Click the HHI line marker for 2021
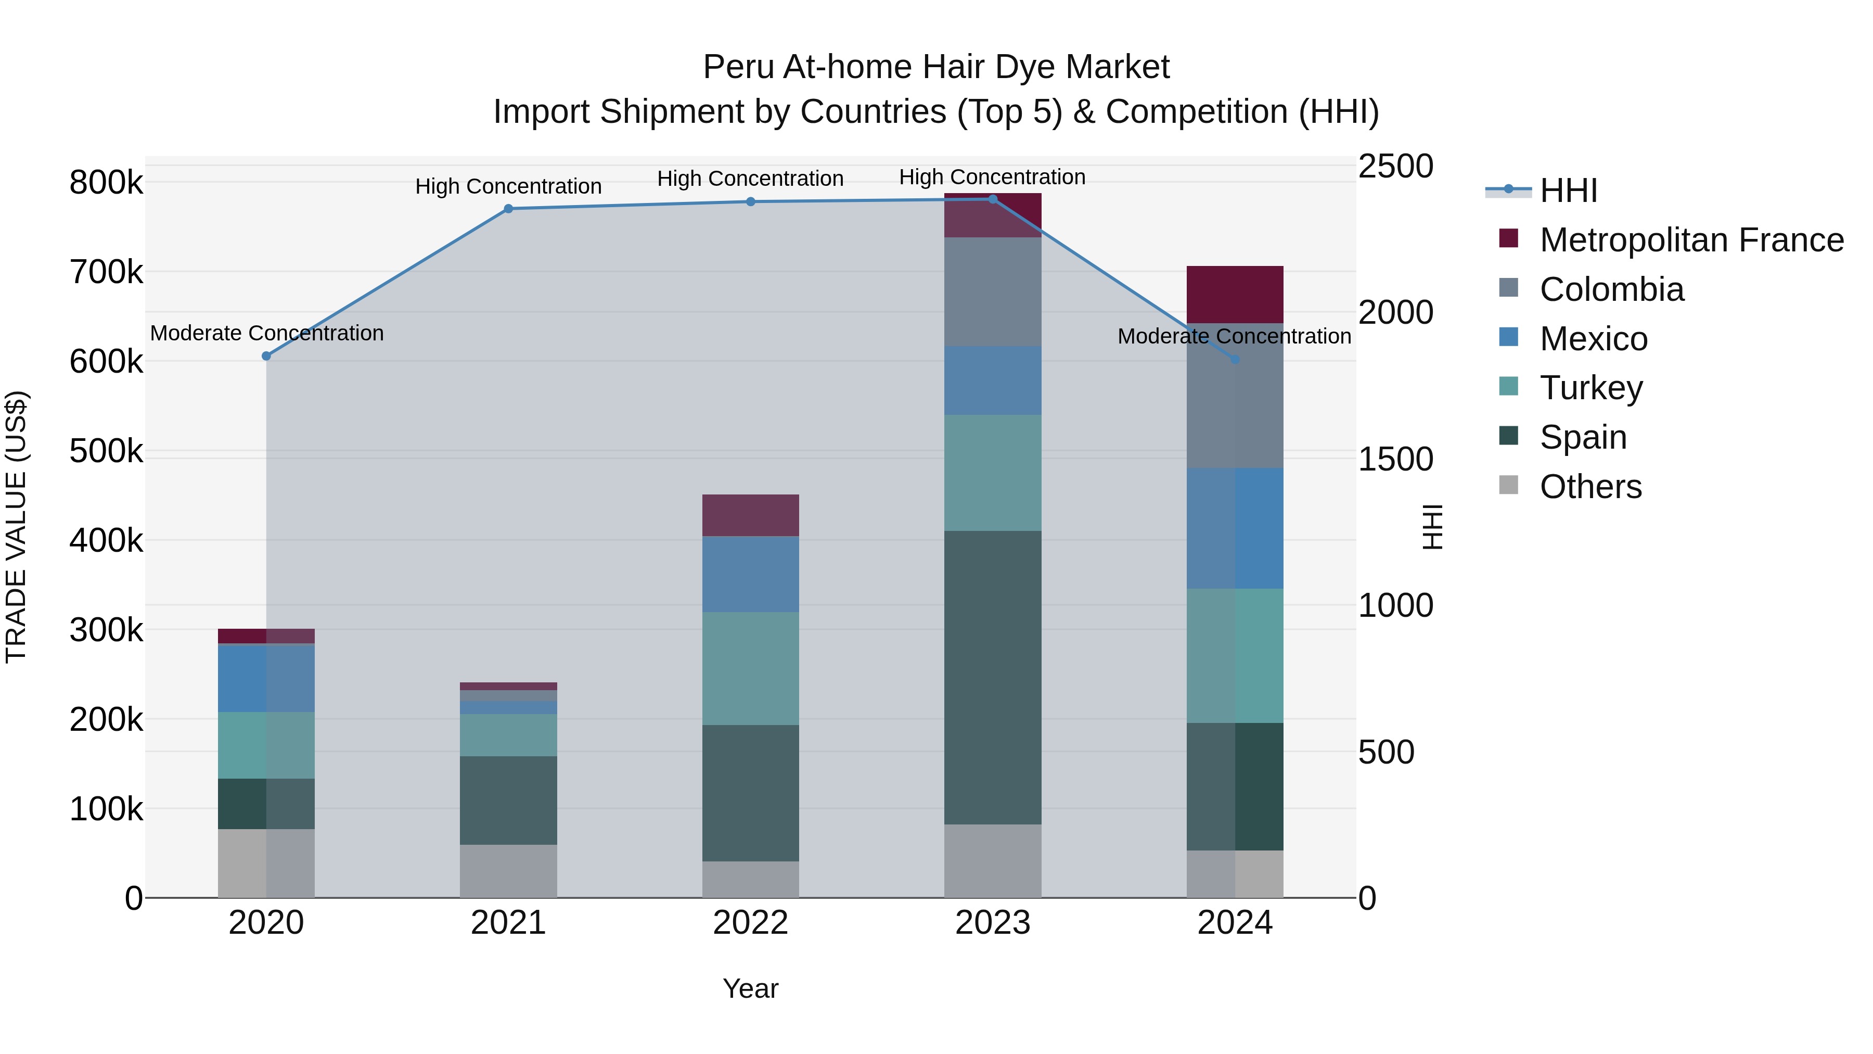[x=508, y=209]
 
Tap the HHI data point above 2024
[x=1235, y=359]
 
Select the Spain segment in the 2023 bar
[x=993, y=677]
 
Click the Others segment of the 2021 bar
[x=508, y=871]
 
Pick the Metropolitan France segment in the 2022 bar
[x=750, y=515]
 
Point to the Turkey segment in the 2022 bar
[x=750, y=668]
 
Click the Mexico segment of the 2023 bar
[x=993, y=380]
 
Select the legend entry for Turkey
[x=1591, y=388]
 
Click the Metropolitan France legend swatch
[x=1509, y=238]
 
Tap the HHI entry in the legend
[x=1568, y=191]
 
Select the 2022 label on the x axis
[x=750, y=923]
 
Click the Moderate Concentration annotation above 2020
[x=267, y=333]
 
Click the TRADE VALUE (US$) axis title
[x=16, y=527]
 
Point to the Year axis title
[x=750, y=988]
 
